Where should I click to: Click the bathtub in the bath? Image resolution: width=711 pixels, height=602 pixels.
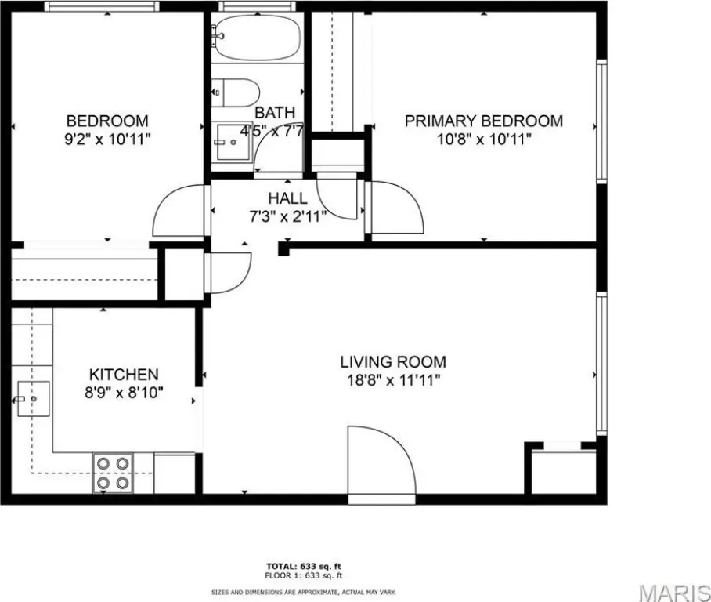[257, 37]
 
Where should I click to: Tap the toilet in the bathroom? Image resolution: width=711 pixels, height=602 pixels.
[236, 92]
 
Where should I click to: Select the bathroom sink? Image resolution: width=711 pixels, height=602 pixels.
[233, 142]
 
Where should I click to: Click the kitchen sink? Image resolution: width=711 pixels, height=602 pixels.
[33, 399]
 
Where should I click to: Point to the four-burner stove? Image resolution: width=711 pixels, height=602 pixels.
[113, 473]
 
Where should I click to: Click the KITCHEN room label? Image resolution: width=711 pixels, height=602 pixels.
[124, 375]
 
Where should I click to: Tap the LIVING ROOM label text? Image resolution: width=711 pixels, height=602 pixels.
[393, 362]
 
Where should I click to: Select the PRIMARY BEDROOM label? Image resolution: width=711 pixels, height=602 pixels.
[484, 121]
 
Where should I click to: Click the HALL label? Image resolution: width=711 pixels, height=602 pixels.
[287, 198]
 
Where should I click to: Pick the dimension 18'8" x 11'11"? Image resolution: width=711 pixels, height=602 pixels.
[394, 379]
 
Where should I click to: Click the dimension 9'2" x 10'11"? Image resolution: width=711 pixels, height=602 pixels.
[107, 139]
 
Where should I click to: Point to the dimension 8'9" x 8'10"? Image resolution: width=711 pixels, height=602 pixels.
[124, 392]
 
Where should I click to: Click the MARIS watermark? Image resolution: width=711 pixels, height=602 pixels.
[675, 592]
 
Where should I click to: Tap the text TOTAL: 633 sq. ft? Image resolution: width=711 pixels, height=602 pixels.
[303, 566]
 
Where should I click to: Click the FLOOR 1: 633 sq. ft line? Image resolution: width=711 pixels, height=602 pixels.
[303, 575]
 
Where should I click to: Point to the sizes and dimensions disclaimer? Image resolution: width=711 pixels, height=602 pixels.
[303, 592]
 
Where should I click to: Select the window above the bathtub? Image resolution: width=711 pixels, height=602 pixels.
[257, 6]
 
